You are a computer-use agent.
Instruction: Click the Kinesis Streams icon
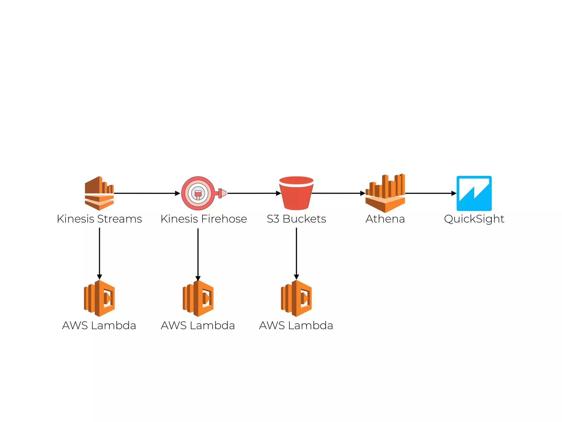click(99, 193)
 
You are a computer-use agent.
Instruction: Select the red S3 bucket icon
click(296, 193)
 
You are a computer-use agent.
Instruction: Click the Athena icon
click(385, 193)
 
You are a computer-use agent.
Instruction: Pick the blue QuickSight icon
click(474, 193)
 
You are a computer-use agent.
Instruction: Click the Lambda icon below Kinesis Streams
click(99, 298)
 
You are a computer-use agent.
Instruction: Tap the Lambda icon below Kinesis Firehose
click(198, 298)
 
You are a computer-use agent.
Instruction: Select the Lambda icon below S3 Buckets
click(296, 298)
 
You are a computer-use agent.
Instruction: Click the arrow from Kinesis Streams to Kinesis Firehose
click(147, 193)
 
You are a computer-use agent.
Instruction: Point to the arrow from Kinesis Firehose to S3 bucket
click(254, 193)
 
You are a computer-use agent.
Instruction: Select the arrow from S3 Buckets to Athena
click(338, 193)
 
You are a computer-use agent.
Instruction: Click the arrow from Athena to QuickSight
click(430, 193)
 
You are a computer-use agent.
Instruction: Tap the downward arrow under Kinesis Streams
click(99, 253)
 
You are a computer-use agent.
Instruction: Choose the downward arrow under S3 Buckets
click(296, 253)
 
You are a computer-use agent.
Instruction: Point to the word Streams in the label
click(119, 219)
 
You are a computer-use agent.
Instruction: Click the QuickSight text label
click(474, 219)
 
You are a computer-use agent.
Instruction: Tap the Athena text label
click(385, 219)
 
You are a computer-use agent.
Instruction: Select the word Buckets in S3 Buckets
click(304, 219)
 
